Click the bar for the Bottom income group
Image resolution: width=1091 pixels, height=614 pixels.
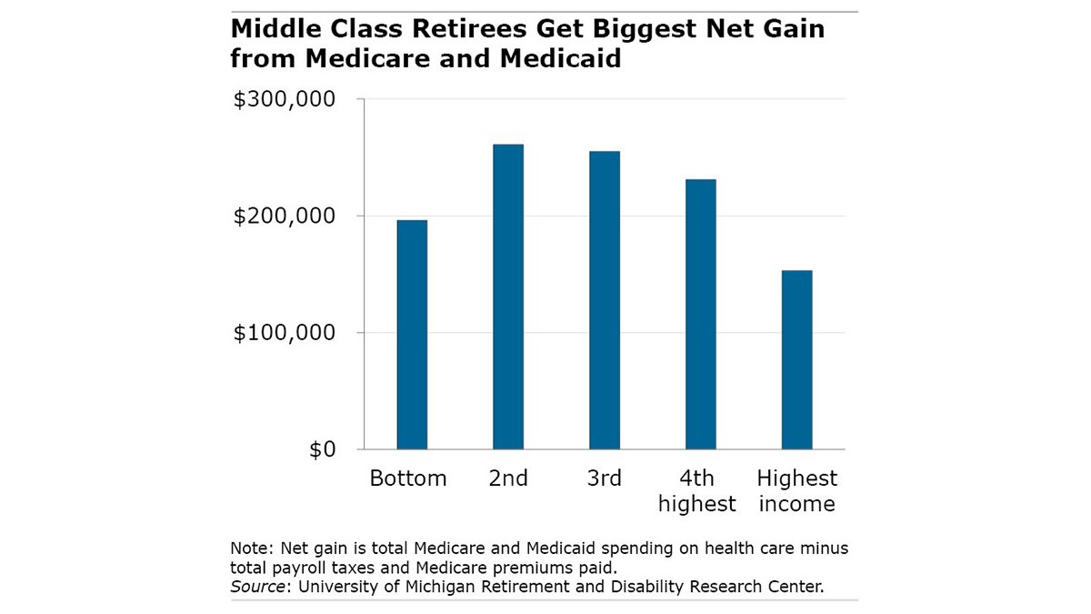(412, 335)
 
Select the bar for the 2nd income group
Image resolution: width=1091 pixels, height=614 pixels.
(508, 297)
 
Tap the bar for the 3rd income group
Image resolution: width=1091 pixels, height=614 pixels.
(605, 300)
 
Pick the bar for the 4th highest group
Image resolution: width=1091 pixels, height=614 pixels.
(701, 314)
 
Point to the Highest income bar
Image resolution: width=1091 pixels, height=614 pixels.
(797, 359)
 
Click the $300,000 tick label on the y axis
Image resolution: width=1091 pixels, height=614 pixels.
(285, 99)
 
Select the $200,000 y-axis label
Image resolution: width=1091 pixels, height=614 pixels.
(285, 216)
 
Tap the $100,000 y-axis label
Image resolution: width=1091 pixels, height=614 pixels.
(285, 333)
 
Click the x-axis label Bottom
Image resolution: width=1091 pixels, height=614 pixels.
(408, 478)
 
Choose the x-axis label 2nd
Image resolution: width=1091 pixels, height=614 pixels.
(508, 478)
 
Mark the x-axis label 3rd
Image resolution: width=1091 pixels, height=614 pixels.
(605, 478)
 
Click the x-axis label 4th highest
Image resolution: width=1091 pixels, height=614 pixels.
(697, 491)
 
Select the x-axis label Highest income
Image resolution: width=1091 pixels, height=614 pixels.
(797, 491)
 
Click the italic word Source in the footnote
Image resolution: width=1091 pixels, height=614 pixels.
(255, 586)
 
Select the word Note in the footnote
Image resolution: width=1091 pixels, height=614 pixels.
(247, 550)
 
